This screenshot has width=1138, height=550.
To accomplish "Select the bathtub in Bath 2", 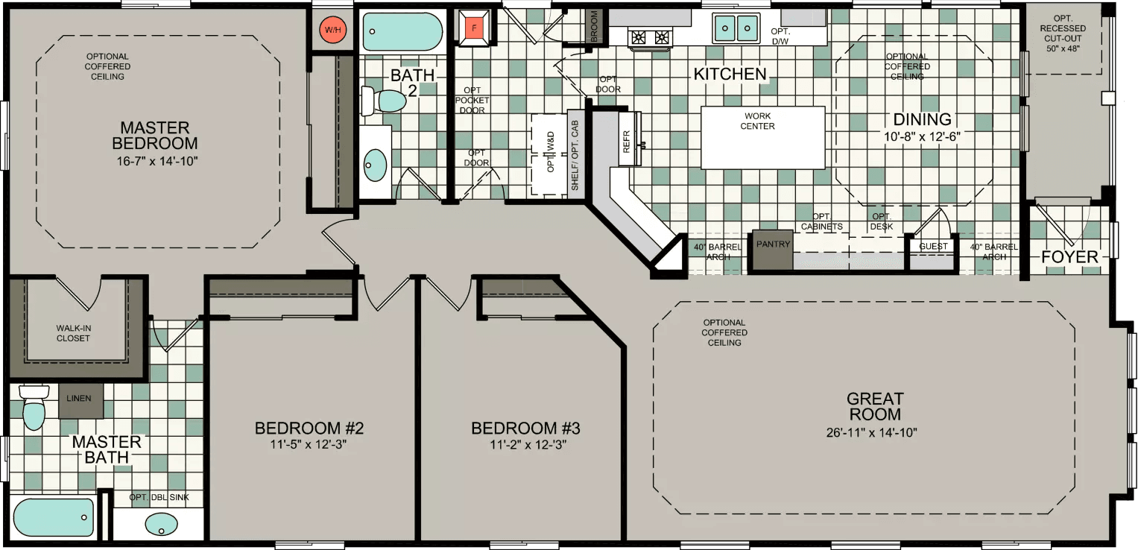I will [x=402, y=31].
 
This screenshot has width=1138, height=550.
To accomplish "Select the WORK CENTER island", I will [x=762, y=138].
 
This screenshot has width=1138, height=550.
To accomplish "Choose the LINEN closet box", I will [x=79, y=398].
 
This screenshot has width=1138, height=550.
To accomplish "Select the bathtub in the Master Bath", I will [x=54, y=517].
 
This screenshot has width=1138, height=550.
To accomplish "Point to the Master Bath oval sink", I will [x=160, y=522].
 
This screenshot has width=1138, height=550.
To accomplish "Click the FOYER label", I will [x=1069, y=257].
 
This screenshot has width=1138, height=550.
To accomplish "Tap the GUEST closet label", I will [x=933, y=247].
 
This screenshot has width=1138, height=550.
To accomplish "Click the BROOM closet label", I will [x=595, y=27].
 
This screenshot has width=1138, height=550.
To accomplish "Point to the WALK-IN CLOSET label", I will [x=73, y=333].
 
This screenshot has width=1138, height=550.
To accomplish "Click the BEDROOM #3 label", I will [x=525, y=429].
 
